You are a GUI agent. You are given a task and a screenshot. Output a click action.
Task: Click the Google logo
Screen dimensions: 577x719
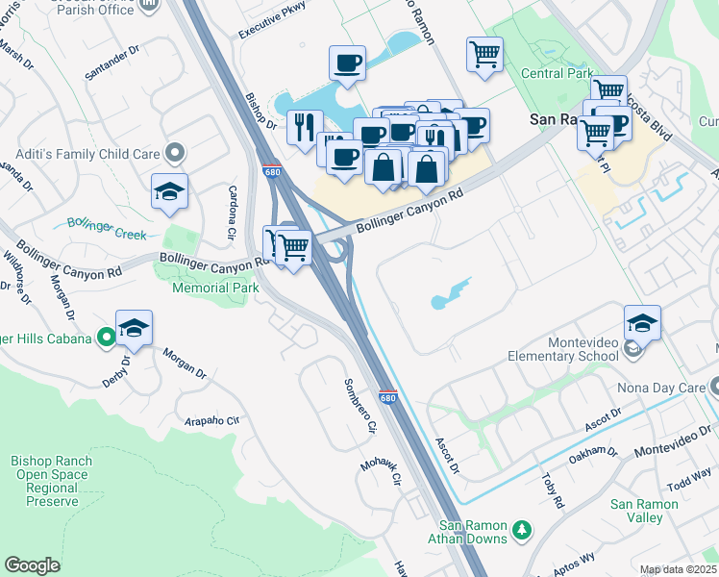coord(33,565)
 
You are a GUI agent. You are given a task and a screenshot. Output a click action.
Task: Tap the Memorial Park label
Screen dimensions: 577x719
coord(215,288)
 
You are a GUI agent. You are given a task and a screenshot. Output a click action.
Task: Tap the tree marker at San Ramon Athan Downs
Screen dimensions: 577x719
coord(522,530)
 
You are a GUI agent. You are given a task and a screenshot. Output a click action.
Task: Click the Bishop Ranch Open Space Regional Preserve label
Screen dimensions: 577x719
coord(52,481)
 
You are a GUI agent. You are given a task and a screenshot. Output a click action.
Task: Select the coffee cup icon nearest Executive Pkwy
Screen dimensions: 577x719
coord(347,63)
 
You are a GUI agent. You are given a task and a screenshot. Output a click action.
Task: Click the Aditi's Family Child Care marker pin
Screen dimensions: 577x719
coord(175,153)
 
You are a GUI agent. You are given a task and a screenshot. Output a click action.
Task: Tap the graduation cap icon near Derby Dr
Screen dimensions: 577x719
coord(135,329)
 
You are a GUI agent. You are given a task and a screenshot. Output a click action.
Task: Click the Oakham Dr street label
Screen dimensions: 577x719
coord(593,452)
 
